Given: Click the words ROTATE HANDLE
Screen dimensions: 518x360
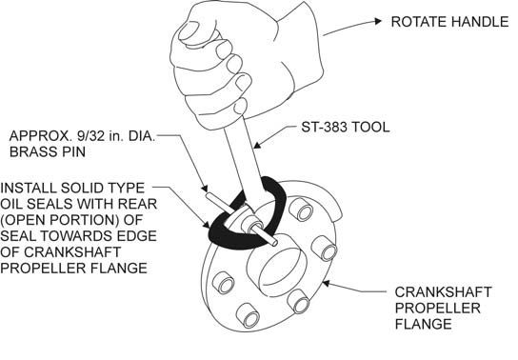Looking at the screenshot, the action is pyautogui.click(x=449, y=22).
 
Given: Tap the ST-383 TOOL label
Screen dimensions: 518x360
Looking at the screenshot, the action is pyautogui.click(x=346, y=128).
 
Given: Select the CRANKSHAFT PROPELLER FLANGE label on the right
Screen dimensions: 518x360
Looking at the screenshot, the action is pyautogui.click(x=444, y=308).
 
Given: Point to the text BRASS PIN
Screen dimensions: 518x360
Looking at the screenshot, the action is pyautogui.click(x=48, y=151).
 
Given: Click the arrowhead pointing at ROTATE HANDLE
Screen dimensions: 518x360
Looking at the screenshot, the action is pyautogui.click(x=378, y=21).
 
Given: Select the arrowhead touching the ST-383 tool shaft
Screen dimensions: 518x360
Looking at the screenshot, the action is pyautogui.click(x=258, y=145).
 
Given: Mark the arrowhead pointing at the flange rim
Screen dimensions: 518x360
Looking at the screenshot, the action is pyautogui.click(x=326, y=284).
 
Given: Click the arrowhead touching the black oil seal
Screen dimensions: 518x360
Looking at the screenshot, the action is pyautogui.click(x=207, y=225).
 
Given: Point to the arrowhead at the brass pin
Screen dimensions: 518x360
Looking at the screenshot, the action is pyautogui.click(x=205, y=189).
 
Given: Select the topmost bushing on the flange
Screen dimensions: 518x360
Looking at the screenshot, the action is pyautogui.click(x=300, y=210).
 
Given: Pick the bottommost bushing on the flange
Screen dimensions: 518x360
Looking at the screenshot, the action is pyautogui.click(x=248, y=315).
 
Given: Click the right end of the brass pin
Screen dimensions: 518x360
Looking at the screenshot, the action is pyautogui.click(x=274, y=243).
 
